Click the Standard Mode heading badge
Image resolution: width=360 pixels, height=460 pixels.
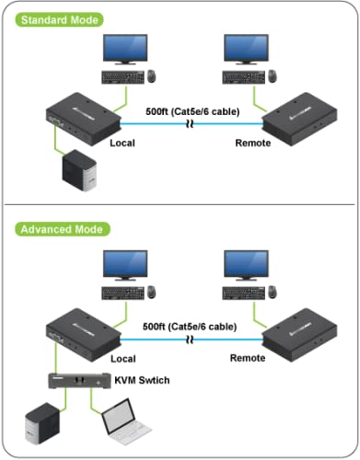point(57,19)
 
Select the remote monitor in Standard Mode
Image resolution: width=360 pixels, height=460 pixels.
point(248,51)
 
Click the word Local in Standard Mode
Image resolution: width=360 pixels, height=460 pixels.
point(122,144)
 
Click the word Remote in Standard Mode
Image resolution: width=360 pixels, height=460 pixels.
point(253,144)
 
